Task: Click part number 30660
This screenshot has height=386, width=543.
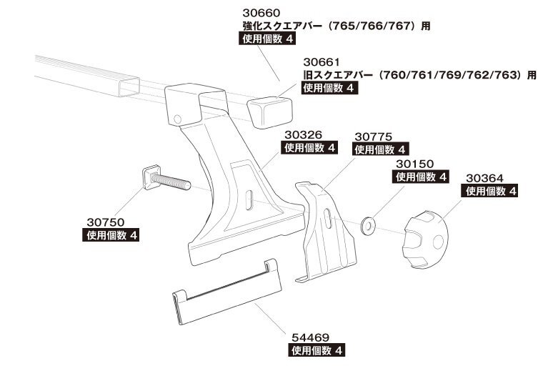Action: [261, 13]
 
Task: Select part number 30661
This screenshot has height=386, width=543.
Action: [322, 62]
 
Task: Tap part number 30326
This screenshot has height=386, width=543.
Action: [304, 134]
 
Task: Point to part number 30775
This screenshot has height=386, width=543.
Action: [373, 137]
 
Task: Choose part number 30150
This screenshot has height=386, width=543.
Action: [415, 164]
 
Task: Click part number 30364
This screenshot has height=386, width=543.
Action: [484, 178]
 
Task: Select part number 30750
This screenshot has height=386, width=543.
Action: [106, 222]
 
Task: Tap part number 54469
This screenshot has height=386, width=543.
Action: [310, 337]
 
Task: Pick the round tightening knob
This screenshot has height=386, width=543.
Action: [426, 239]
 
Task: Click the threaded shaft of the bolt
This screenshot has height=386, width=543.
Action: [171, 182]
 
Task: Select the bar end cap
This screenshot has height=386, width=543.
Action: [270, 112]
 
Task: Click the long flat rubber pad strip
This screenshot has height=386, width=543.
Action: [227, 292]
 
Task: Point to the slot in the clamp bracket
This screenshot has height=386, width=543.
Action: [328, 218]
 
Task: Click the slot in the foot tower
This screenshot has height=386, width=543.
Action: [249, 200]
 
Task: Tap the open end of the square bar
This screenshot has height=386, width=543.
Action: [129, 86]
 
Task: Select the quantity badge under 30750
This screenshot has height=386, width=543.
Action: [111, 235]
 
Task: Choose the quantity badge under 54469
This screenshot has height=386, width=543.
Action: [317, 350]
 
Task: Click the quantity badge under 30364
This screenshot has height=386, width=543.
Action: [489, 191]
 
